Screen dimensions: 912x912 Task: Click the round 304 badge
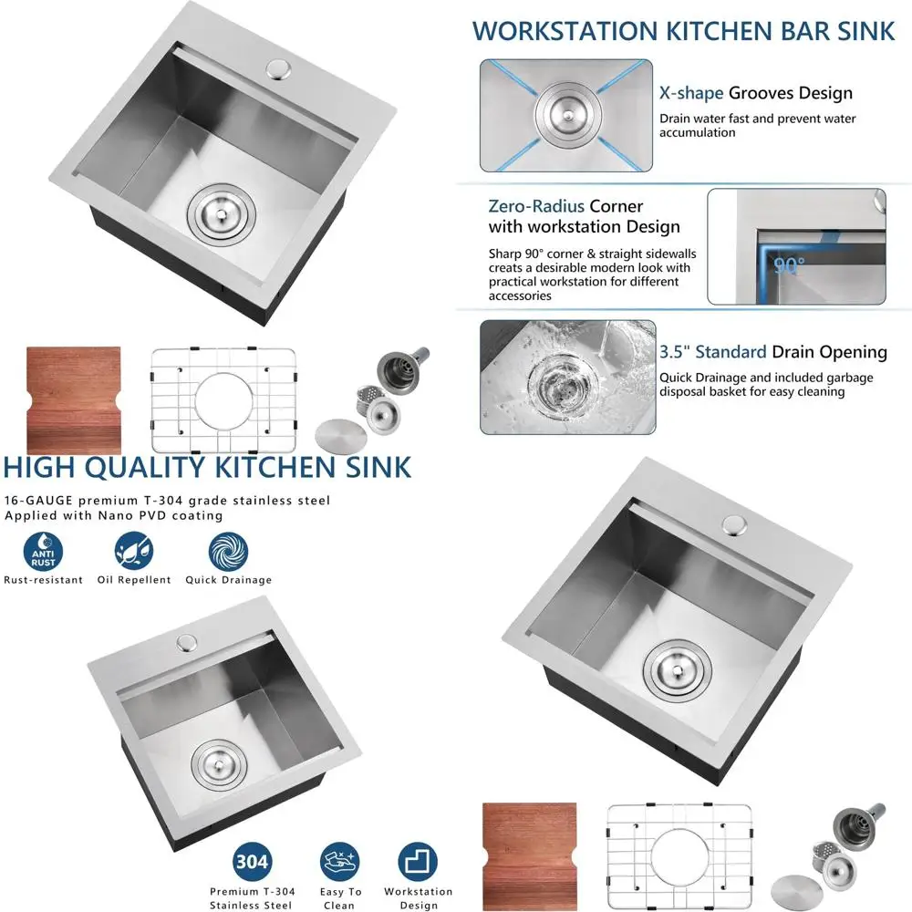pos(252,862)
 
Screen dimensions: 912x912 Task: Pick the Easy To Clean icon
pos(339,862)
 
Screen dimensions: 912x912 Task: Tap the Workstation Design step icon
pos(419,862)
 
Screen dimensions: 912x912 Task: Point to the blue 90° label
pos(790,266)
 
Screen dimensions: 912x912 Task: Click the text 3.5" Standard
pos(712,352)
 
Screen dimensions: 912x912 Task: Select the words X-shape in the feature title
pos(691,93)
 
